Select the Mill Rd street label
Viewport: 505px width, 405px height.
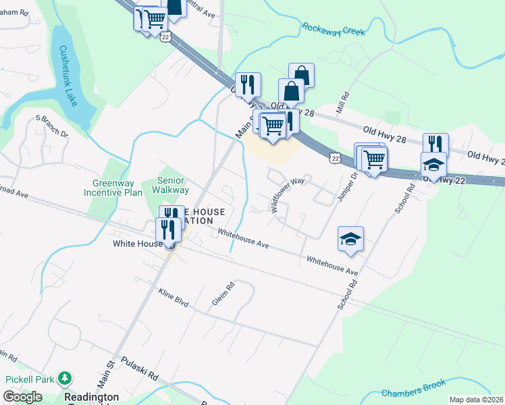(x=344, y=103)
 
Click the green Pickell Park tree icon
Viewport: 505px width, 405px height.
(x=65, y=379)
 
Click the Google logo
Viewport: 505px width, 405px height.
(x=23, y=397)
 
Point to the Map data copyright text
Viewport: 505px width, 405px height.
(x=477, y=400)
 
